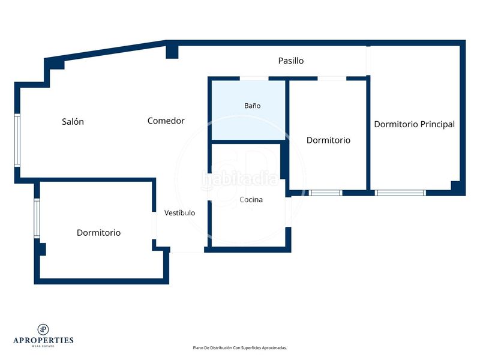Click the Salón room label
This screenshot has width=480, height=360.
[73, 122]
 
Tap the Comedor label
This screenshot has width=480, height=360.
[166, 121]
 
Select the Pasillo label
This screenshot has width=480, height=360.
[291, 61]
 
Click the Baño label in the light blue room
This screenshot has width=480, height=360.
[252, 106]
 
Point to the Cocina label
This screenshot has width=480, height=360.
[251, 200]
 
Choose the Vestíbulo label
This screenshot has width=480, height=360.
[179, 213]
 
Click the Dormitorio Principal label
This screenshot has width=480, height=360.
[415, 124]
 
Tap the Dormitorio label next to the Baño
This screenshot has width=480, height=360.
[328, 140]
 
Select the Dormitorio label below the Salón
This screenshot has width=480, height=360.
[98, 233]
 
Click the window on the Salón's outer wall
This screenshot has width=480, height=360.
[17, 140]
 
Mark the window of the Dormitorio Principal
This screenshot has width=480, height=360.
[400, 193]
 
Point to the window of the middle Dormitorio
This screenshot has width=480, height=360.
[325, 193]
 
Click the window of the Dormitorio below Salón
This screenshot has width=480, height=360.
[37, 218]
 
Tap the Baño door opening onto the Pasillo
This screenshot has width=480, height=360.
[254, 79]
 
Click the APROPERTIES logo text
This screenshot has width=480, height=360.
[43, 340]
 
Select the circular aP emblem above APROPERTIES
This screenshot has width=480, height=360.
[43, 329]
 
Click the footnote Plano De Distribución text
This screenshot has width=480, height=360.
[239, 348]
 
